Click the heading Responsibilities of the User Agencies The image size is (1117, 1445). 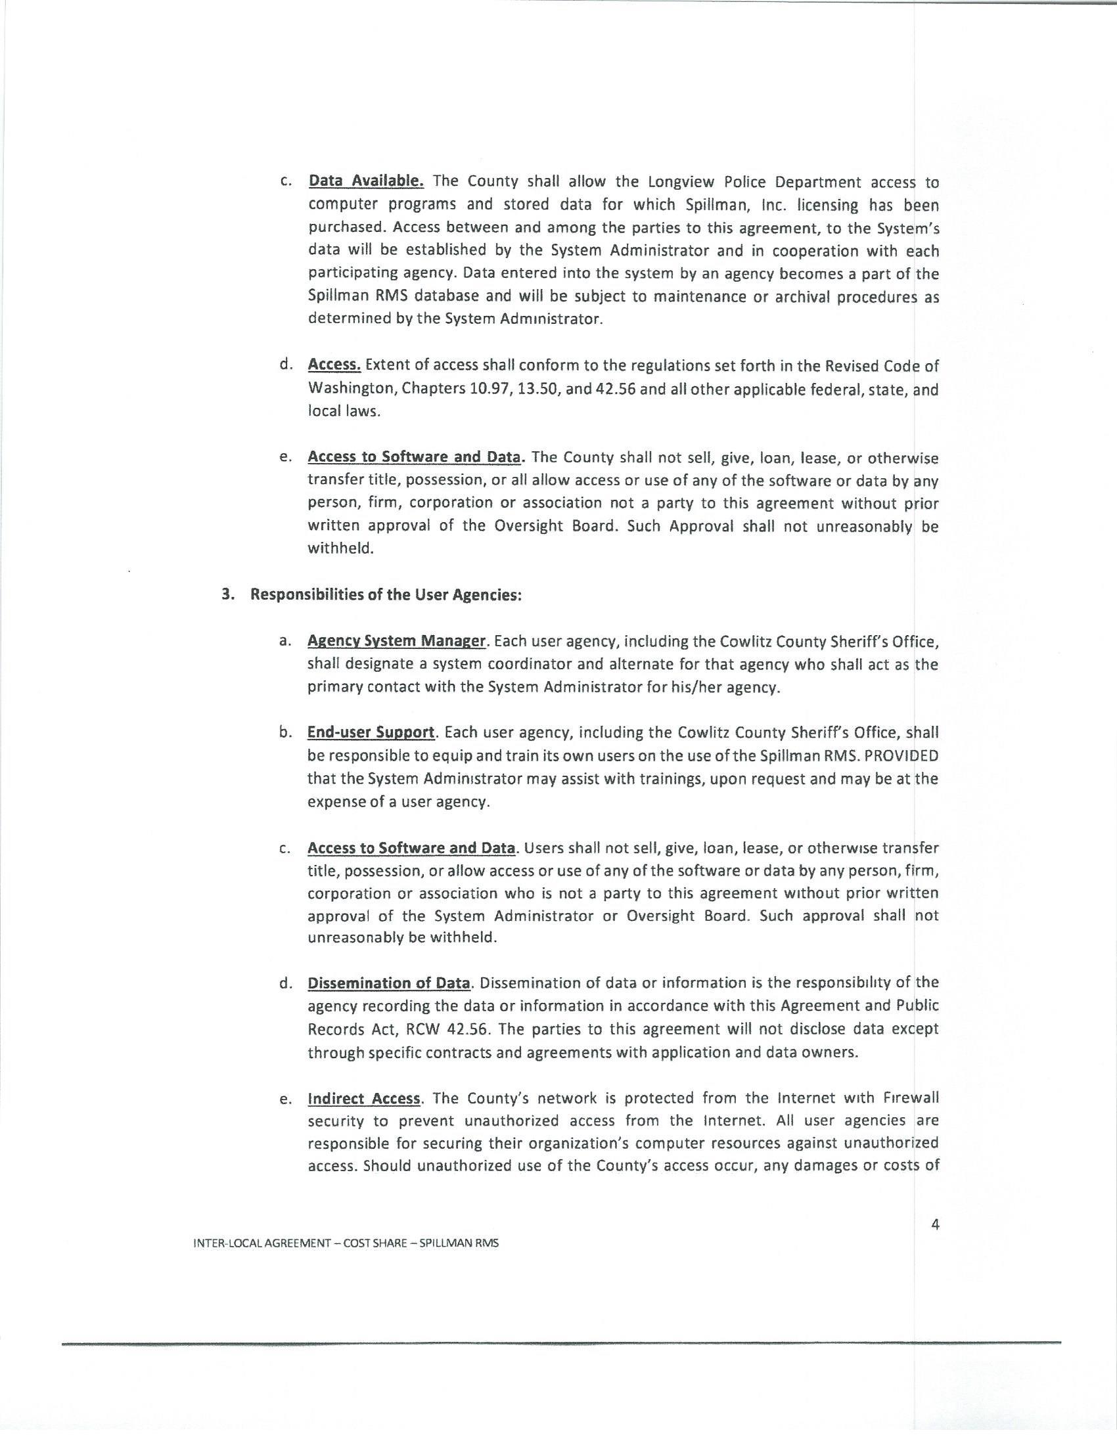[x=386, y=595]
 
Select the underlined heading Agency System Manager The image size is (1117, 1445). [x=397, y=641]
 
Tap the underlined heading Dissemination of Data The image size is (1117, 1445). [x=389, y=983]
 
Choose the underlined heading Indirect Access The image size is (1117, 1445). [x=365, y=1099]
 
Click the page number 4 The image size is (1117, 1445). [x=934, y=1224]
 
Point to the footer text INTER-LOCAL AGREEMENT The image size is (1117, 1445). [x=262, y=1243]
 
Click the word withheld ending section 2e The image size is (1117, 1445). [x=340, y=548]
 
